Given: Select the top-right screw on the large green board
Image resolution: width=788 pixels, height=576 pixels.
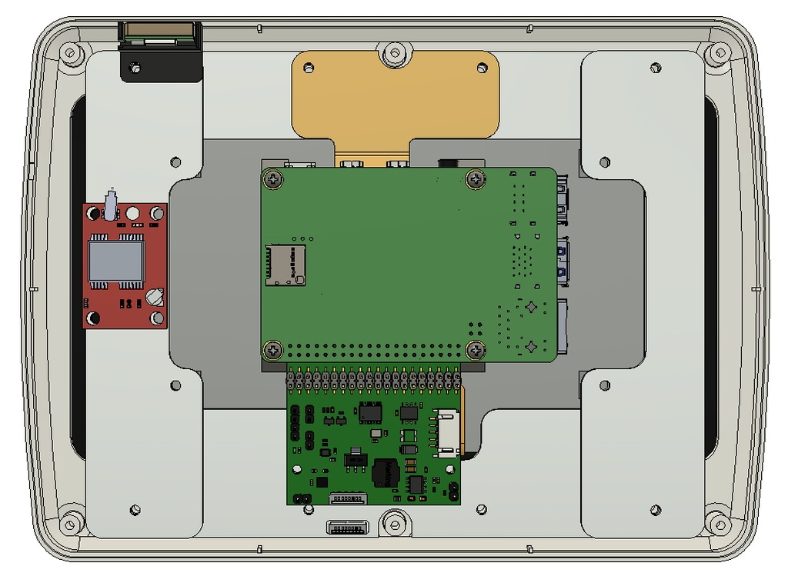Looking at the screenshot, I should click(x=476, y=180).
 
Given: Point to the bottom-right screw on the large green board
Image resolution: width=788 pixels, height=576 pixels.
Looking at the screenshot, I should click(x=476, y=350).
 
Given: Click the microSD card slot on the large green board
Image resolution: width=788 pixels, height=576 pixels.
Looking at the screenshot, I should click(x=285, y=265).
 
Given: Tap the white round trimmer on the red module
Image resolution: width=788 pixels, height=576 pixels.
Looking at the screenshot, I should click(x=155, y=296).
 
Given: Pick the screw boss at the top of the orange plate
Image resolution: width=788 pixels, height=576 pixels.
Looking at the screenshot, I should click(x=395, y=53).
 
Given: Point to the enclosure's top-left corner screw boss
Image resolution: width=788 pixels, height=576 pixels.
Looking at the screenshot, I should click(x=72, y=54).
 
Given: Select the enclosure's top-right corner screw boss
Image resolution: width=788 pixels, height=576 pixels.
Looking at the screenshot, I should click(x=719, y=53).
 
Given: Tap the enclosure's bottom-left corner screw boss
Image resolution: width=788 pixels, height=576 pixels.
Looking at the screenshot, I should click(x=72, y=523).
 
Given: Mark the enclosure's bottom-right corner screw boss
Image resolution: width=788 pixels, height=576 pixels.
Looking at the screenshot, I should click(x=719, y=523).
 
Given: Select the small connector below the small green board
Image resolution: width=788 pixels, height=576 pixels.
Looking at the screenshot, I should click(x=347, y=528).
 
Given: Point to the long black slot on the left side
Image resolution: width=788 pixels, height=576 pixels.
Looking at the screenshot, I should click(x=78, y=277).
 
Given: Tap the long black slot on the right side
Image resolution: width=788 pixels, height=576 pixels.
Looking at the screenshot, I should click(x=711, y=277).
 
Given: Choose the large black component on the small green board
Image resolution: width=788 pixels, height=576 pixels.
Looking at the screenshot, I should click(x=385, y=473).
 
